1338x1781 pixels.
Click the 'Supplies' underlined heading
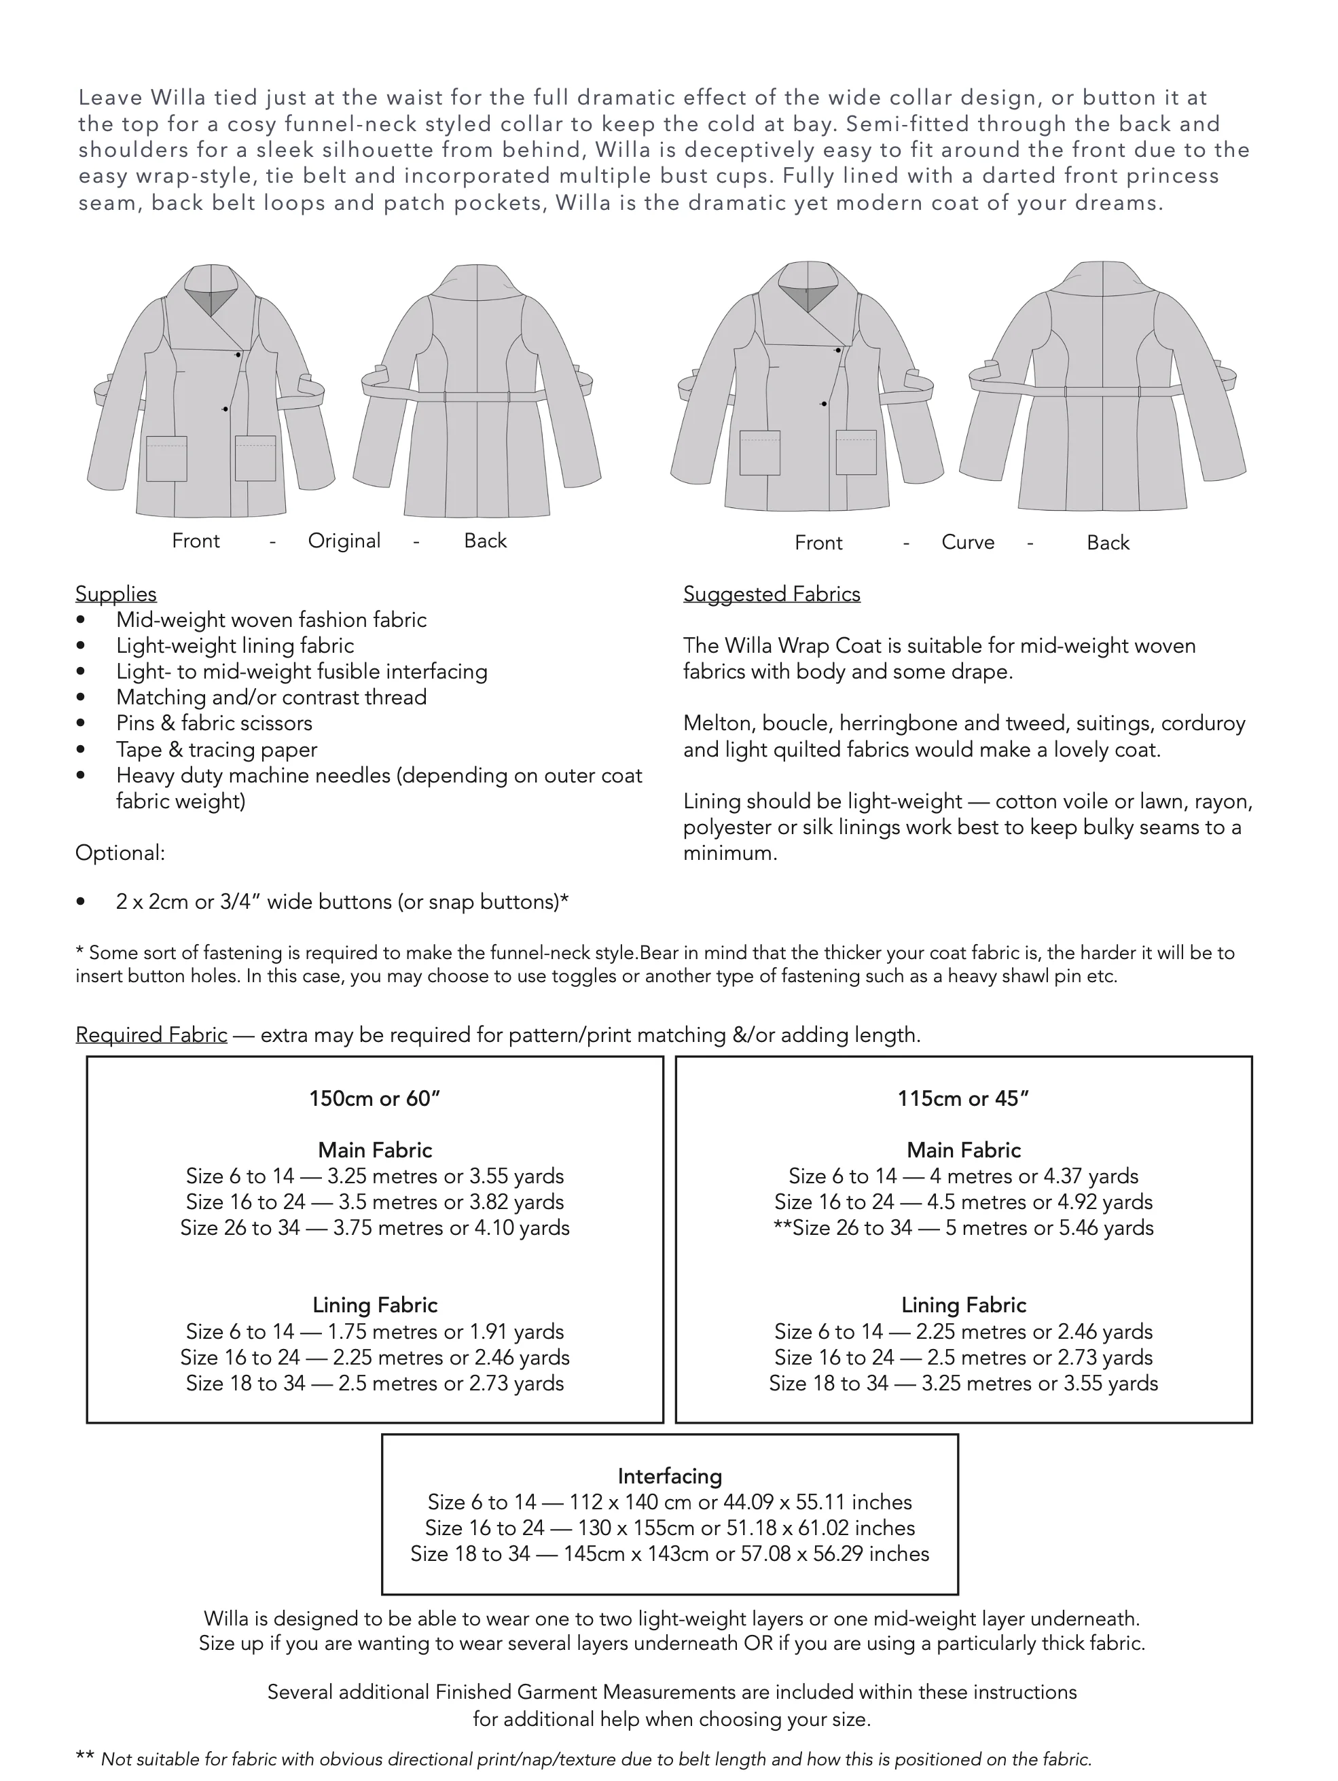coord(116,594)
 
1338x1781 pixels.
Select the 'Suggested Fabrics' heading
coord(772,594)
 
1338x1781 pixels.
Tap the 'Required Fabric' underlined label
coord(151,1035)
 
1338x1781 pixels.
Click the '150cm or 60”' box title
coord(374,1098)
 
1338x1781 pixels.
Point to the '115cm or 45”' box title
coord(963,1098)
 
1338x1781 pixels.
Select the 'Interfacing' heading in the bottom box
coord(669,1476)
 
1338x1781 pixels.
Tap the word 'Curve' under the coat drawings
coord(968,542)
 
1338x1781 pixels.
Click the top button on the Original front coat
coord(238,355)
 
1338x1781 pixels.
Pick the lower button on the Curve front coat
coord(824,403)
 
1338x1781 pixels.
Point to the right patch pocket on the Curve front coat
coord(856,452)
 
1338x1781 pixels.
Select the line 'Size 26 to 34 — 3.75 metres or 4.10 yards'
coord(374,1228)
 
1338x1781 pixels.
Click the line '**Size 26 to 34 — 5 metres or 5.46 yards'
coord(963,1228)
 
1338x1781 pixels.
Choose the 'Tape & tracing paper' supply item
coord(217,750)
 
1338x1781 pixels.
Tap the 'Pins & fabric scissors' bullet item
coord(214,723)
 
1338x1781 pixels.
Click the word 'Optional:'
coord(120,852)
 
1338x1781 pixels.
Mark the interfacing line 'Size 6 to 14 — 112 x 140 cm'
coord(669,1502)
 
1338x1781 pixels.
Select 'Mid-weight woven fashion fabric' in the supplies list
coord(271,619)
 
